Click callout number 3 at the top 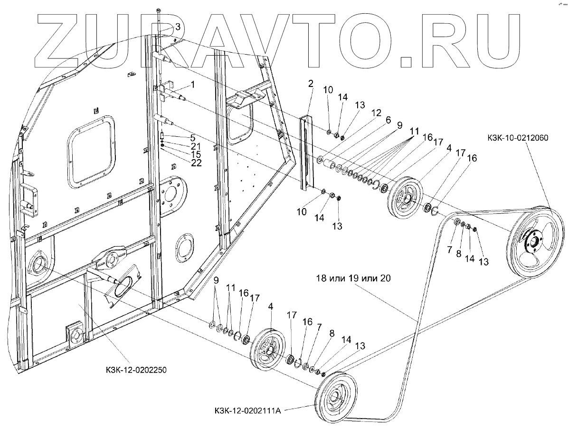tap(178, 27)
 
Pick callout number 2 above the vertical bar tap(311, 84)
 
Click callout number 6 tap(388, 120)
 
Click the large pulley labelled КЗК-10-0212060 tap(533, 243)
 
